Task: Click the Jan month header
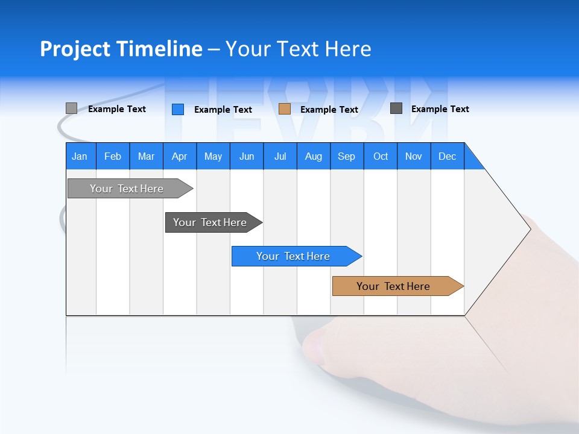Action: [x=80, y=156]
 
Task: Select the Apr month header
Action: [x=179, y=156]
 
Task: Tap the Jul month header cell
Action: [x=280, y=156]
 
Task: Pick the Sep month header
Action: [x=346, y=156]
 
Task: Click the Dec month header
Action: [x=447, y=156]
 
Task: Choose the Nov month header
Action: [x=413, y=156]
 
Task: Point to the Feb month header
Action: [x=113, y=156]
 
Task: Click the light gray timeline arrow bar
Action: [x=127, y=189]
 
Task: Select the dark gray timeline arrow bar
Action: [x=210, y=222]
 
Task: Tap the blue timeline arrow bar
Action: [x=293, y=256]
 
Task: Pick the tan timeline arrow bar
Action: [x=393, y=286]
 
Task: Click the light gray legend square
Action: [x=71, y=108]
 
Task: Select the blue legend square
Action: [x=177, y=109]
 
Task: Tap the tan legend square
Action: [x=285, y=109]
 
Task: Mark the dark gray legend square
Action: [x=396, y=108]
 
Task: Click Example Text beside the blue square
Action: [x=223, y=110]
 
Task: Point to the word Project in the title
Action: [x=75, y=49]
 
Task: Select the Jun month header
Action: [x=246, y=156]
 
